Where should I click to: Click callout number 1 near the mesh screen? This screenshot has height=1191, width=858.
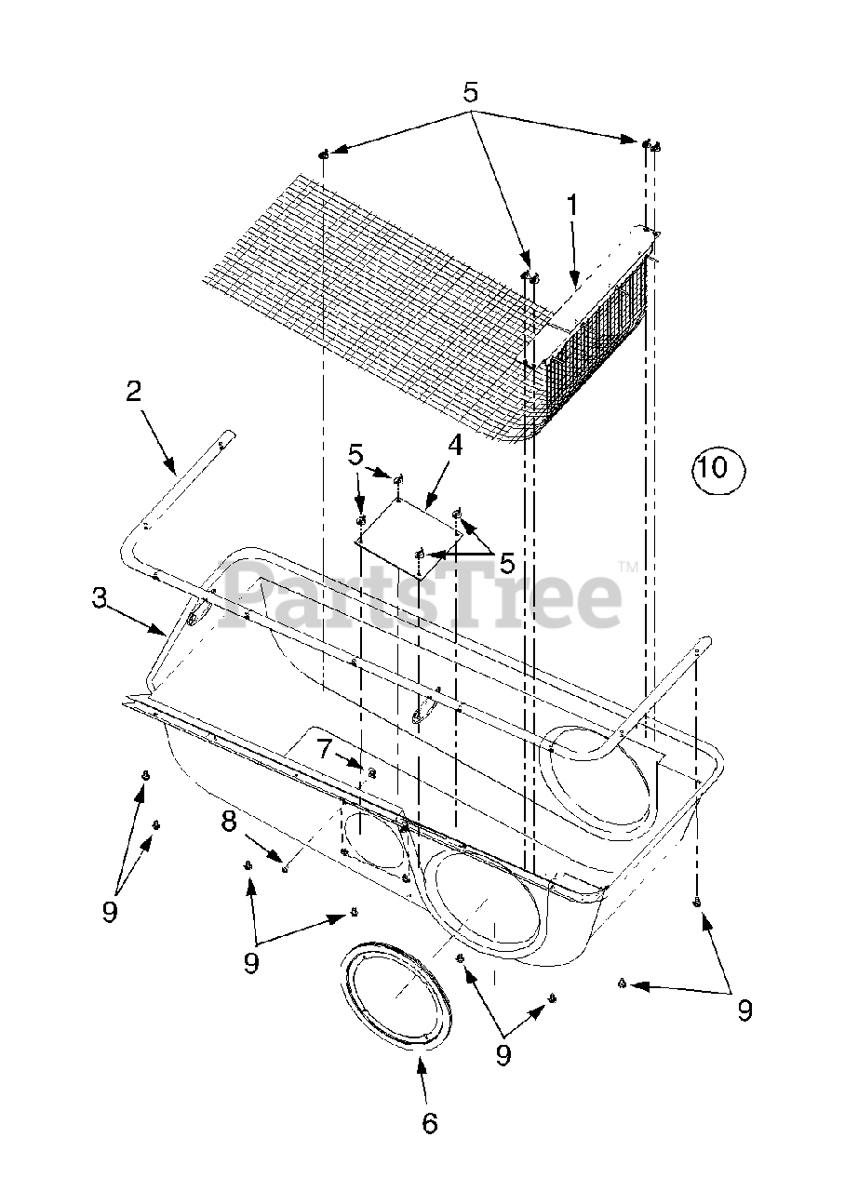[x=571, y=205]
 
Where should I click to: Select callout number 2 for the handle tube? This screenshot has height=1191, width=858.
[x=133, y=391]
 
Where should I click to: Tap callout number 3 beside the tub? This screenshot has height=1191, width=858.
[x=100, y=598]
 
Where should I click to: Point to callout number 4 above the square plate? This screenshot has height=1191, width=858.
[x=453, y=446]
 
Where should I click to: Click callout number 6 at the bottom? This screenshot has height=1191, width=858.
[x=429, y=1122]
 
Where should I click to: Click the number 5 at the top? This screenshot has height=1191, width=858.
[x=470, y=92]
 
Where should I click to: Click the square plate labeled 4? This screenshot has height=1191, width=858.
[x=409, y=538]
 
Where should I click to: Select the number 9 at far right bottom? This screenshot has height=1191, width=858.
[x=744, y=1010]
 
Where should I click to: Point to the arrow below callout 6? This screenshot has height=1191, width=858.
[x=423, y=1079]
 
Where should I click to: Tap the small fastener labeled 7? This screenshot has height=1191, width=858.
[x=371, y=771]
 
